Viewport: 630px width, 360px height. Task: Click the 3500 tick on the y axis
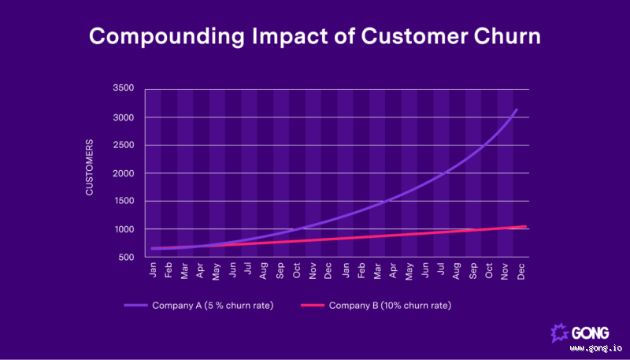point(122,89)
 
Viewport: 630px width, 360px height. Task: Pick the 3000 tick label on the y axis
point(122,117)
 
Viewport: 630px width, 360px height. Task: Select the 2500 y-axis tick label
point(122,145)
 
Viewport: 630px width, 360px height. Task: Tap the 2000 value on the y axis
point(122,173)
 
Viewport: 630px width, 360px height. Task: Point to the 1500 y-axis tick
point(122,201)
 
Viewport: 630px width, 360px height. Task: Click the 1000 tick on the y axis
point(122,229)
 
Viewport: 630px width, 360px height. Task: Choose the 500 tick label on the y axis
point(125,257)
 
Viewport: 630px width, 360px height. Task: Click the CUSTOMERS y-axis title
point(90,168)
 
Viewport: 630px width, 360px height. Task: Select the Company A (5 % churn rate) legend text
point(221,305)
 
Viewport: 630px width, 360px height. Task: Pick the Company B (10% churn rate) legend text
point(390,305)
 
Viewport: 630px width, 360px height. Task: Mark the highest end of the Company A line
point(517,109)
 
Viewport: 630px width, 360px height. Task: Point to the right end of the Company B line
point(526,226)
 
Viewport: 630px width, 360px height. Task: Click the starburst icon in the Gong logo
point(561,332)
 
